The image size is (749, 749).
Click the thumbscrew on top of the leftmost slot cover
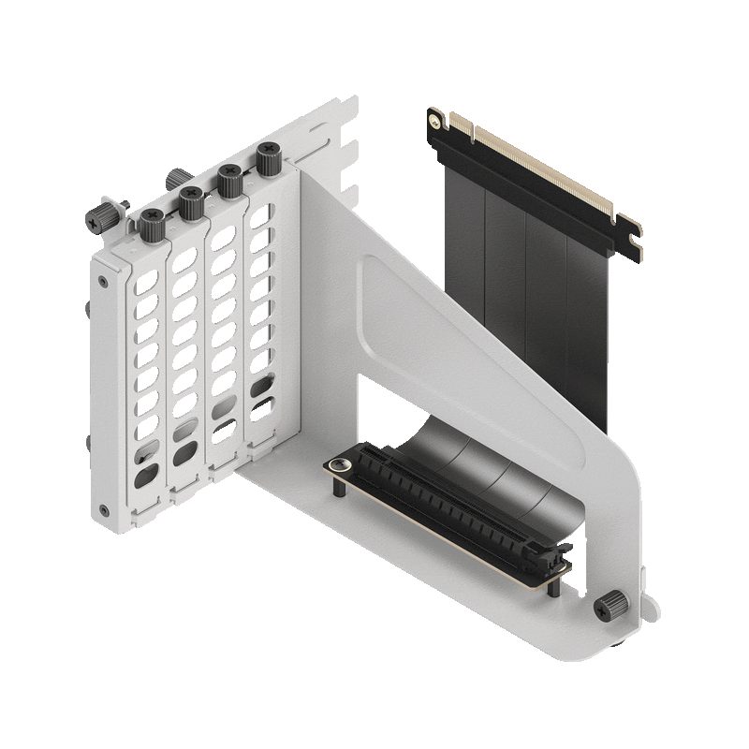click(152, 221)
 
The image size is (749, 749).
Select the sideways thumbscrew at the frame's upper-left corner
click(101, 217)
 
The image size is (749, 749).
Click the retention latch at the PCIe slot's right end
click(553, 558)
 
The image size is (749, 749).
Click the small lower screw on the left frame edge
click(103, 510)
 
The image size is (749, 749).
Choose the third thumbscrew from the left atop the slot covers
click(228, 177)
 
